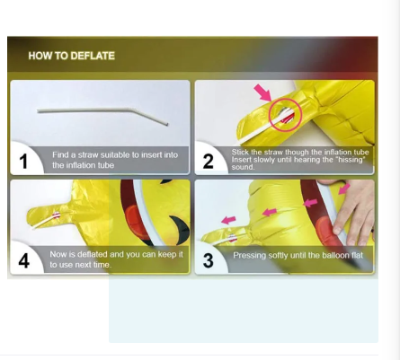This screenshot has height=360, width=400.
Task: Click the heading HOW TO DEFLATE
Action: [x=72, y=56]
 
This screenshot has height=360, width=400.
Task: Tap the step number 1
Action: [x=23, y=162]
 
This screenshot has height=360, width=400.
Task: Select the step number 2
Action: [x=209, y=162]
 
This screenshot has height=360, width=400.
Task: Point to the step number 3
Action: [x=209, y=260]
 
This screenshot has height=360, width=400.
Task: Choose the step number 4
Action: [x=24, y=261]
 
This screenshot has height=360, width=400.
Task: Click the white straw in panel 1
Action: [x=102, y=114]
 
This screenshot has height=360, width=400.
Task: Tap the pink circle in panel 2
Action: [x=285, y=115]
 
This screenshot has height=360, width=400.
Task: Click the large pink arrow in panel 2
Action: [x=262, y=92]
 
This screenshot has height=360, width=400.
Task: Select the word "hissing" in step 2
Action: [x=351, y=160]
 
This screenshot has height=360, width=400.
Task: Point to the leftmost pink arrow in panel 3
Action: [x=228, y=220]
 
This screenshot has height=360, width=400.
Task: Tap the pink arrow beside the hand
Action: [x=344, y=189]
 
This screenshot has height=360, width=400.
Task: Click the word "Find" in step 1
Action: [x=60, y=154]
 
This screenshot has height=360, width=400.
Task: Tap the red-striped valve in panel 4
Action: [x=57, y=215]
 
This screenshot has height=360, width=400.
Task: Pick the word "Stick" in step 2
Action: [x=239, y=152]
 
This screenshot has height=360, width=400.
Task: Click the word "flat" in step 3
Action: [x=357, y=255]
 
